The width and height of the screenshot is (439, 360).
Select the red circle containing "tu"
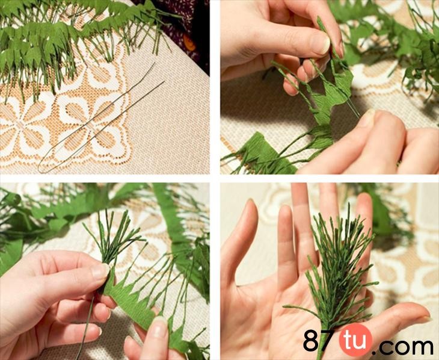(356, 340)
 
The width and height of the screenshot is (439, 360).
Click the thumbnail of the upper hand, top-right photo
(322, 43)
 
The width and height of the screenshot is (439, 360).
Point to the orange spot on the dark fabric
(189, 42)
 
